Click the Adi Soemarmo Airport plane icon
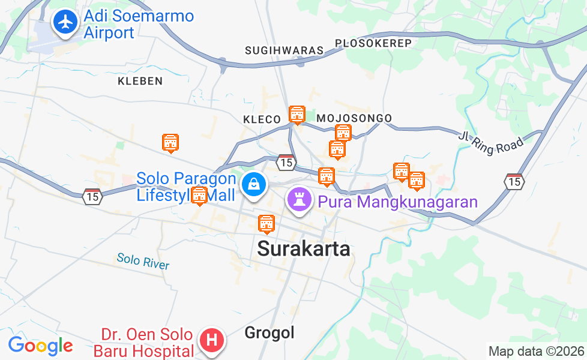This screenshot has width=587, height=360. [x=65, y=22]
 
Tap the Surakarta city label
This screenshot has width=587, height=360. [x=304, y=248]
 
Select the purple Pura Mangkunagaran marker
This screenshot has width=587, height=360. [x=298, y=199]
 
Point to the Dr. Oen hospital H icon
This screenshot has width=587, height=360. [x=211, y=340]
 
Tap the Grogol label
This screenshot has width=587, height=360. [x=269, y=332]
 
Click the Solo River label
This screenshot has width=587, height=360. [x=143, y=262]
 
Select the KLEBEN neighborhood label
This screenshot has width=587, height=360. [x=140, y=81]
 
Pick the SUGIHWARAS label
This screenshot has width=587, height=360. [x=284, y=50]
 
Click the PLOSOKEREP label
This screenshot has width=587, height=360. [x=373, y=43]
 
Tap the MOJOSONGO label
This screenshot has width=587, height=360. [x=354, y=118]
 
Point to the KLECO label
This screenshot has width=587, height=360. [x=262, y=120]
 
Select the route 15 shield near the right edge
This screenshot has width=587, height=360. [x=514, y=181]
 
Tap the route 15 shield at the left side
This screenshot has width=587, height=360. [x=92, y=196]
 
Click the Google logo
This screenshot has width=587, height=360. [x=40, y=346]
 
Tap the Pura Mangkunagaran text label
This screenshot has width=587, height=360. [x=397, y=202]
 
